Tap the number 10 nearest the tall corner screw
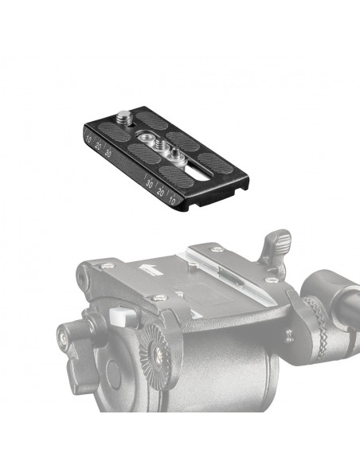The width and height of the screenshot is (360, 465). [x=88, y=139]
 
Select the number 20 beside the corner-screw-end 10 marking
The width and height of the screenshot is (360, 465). [x=98, y=146]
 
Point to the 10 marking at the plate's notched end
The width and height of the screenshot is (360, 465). [x=172, y=201]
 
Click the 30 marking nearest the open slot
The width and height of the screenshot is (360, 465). [x=150, y=184]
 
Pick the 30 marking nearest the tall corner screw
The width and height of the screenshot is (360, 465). [x=108, y=153]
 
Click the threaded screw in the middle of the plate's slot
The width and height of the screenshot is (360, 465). [x=158, y=145]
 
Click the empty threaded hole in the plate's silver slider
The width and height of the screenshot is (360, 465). [x=145, y=137]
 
